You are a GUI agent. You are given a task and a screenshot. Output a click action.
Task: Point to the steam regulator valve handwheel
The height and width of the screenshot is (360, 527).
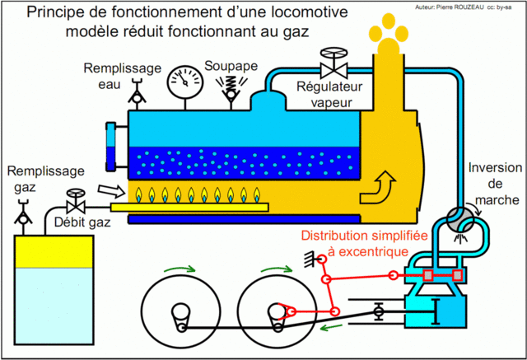click(x=333, y=58)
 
